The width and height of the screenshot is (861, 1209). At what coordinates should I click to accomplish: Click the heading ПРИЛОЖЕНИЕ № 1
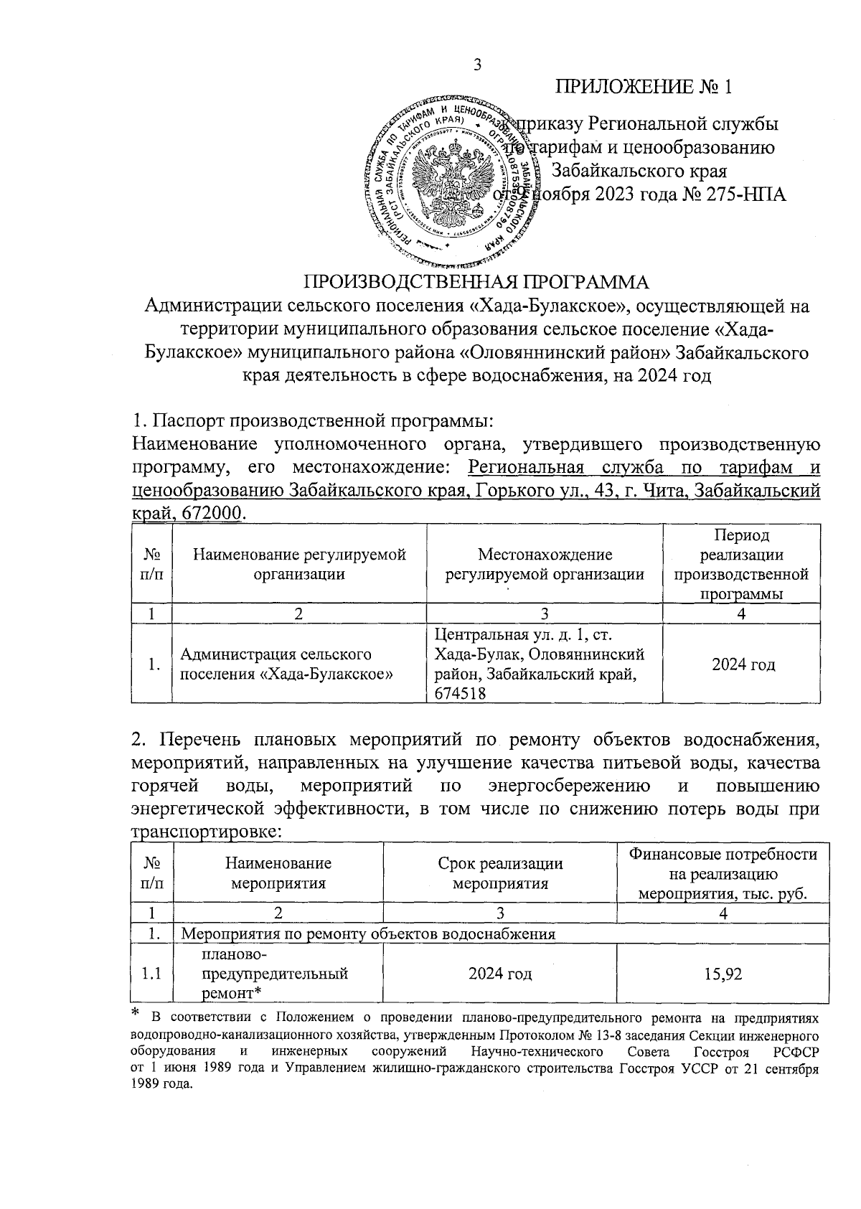[x=645, y=87]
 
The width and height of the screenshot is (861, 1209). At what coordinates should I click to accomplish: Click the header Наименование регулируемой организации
[x=299, y=564]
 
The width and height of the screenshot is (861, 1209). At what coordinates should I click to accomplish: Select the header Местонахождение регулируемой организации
[x=545, y=564]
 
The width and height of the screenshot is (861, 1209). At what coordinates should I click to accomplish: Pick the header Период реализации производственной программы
[x=741, y=565]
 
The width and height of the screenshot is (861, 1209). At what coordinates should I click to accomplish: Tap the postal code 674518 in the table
[x=460, y=693]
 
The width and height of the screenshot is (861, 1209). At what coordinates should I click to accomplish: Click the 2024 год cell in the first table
[x=743, y=664]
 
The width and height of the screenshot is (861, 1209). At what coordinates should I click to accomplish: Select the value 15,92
[x=723, y=974]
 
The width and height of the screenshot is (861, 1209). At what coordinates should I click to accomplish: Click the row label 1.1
[x=151, y=974]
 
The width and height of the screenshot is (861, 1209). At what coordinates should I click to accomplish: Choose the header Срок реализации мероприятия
[x=500, y=873]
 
